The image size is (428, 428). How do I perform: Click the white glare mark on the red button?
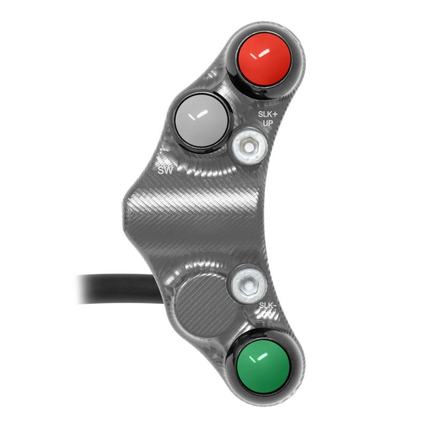coord(262,52)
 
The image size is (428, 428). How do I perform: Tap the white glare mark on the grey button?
coord(198,113)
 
